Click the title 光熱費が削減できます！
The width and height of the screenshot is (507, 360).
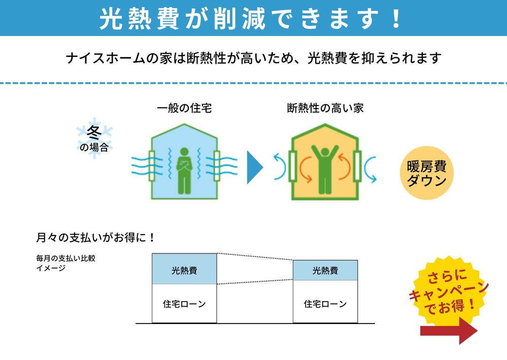click(252, 19)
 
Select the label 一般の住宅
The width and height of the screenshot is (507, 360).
click(184, 108)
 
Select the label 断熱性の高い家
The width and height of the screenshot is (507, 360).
click(325, 108)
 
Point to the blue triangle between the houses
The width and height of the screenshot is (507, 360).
click(255, 167)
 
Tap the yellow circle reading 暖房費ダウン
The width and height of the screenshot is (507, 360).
click(427, 173)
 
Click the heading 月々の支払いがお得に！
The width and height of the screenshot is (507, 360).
click(95, 237)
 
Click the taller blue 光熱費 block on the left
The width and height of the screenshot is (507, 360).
click(184, 269)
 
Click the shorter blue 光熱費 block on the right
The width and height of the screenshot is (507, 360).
click(325, 270)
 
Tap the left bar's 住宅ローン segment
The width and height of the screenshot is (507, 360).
click(184, 304)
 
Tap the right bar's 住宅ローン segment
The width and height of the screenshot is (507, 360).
click(325, 304)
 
